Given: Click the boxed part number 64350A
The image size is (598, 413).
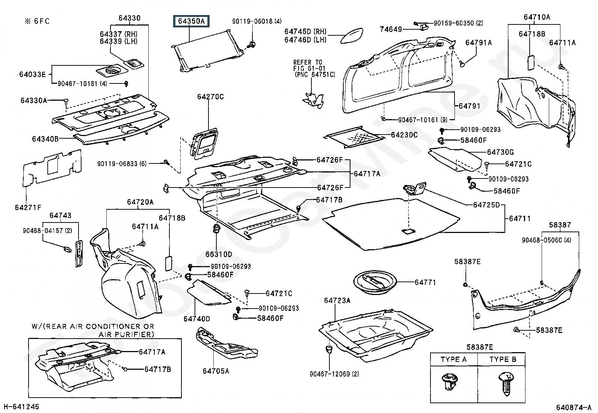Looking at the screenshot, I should coord(191,21).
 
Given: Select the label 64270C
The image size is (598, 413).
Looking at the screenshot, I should coord(210,97).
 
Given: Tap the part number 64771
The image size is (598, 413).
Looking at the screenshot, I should coord(425,282).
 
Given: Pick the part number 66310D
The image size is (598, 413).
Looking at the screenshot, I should coord(219,254).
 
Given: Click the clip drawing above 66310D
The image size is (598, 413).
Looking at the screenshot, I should coord(216,229).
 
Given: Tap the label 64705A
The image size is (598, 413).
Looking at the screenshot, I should coord(216,371).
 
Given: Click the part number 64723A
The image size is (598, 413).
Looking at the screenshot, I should coord(337,300).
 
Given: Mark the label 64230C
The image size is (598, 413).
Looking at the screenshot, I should coord(404,135).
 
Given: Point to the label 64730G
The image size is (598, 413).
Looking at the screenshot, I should coord(500,152).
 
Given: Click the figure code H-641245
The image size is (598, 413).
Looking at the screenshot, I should coord(21,407).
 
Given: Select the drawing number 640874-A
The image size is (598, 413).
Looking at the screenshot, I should coord(574,407).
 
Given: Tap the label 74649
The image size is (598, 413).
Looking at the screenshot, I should coord(391,29).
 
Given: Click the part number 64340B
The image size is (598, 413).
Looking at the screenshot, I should coord(45,139).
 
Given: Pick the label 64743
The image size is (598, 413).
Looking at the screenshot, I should coord(60,215).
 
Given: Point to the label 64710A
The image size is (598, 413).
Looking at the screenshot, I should coord(537,17).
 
